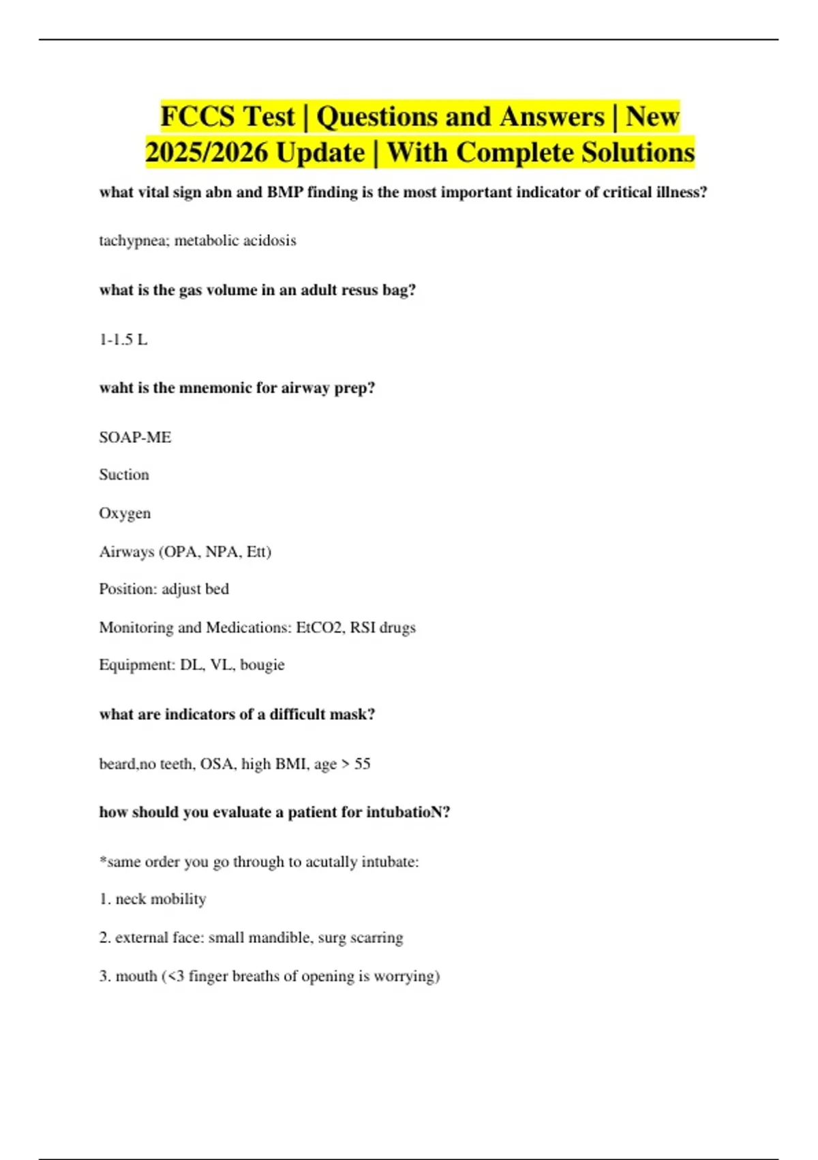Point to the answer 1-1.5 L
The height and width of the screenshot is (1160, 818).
[x=123, y=339]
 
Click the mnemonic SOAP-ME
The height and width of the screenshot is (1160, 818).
[x=135, y=437]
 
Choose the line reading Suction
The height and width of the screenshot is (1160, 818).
[x=124, y=475]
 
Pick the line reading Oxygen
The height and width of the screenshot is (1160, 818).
[x=125, y=513]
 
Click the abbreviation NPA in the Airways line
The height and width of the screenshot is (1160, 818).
[x=222, y=551]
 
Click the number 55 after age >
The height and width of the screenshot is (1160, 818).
[x=362, y=764]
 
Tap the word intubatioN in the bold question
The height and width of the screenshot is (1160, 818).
[x=408, y=812]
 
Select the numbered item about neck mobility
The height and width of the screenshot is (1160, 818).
[x=153, y=899]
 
